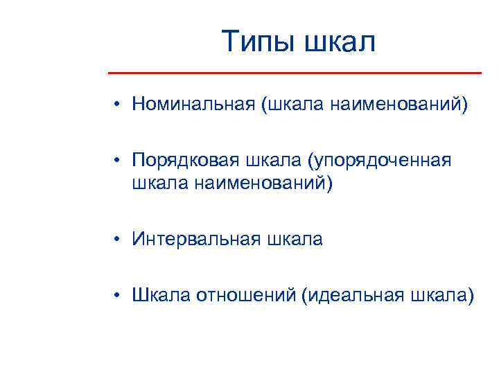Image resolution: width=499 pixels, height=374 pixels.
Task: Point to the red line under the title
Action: [295, 73]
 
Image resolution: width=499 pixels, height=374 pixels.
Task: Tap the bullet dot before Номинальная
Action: [120, 105]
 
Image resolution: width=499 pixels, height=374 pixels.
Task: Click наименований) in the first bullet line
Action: [399, 105]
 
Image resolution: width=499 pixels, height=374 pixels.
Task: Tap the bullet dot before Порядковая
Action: [120, 161]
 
